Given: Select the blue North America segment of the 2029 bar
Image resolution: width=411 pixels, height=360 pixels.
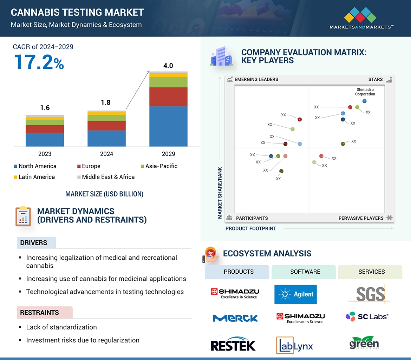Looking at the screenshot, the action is click(168, 126).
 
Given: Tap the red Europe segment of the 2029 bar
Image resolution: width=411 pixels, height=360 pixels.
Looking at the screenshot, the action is click(168, 96).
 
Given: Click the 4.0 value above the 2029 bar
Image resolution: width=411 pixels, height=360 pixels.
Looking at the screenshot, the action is click(168, 66).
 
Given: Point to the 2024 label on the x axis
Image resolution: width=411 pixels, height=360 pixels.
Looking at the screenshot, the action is click(106, 154).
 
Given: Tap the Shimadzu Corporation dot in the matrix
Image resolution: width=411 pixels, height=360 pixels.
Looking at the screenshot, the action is click(364, 101).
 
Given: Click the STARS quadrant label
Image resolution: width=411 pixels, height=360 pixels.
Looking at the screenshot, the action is click(376, 79).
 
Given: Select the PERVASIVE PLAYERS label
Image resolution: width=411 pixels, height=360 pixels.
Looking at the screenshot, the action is click(361, 218).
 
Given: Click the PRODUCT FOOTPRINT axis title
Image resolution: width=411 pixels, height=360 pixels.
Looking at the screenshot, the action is click(251, 228).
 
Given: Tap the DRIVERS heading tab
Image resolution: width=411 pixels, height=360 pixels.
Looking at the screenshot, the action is click(34, 242).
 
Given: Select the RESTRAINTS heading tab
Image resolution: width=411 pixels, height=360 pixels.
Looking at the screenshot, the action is click(39, 312).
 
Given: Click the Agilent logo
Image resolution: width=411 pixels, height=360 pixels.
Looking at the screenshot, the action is click(295, 294).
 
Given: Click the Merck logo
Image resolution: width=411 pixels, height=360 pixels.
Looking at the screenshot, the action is click(235, 318).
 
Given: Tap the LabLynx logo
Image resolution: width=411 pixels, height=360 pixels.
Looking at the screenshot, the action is click(294, 345).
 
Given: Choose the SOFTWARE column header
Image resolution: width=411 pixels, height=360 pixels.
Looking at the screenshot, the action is click(305, 272).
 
